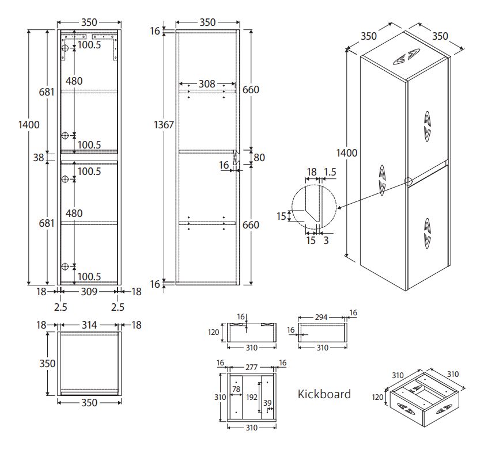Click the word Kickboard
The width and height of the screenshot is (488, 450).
coord(324,394)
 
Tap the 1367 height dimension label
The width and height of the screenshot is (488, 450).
coord(164,125)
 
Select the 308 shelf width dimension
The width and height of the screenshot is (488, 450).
coord(207,83)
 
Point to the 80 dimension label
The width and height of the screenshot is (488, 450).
coord(259,157)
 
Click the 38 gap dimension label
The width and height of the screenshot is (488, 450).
coord(39,158)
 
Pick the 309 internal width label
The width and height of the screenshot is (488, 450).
coord(89,292)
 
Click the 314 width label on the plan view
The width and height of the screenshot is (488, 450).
coord(89,325)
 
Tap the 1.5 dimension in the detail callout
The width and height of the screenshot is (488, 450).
coord(330,172)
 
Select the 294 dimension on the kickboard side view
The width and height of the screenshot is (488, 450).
coord(321,317)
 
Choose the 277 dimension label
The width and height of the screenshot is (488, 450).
coord(251,367)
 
